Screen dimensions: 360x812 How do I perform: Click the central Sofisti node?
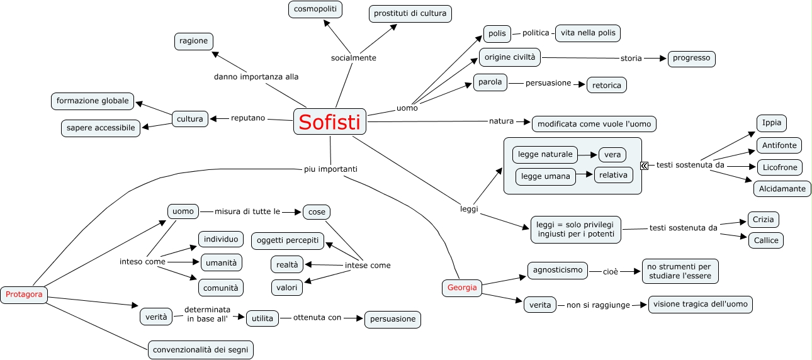click(330, 121)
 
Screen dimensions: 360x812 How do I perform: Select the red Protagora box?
click(24, 294)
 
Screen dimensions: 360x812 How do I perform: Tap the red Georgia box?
click(462, 288)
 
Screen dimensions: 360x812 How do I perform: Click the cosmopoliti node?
click(315, 9)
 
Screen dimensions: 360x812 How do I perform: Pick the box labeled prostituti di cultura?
click(410, 13)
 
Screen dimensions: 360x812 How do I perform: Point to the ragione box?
click(193, 42)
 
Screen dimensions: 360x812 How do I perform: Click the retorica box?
click(606, 85)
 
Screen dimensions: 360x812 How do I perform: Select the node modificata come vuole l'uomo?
click(594, 124)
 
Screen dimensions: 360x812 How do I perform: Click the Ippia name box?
click(772, 123)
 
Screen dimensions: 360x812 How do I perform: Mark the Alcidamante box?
click(782, 188)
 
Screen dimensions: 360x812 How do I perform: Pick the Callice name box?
click(765, 240)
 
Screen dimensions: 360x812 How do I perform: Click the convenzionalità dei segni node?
click(201, 349)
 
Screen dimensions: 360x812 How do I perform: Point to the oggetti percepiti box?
click(288, 240)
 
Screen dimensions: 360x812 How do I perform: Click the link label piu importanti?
click(322, 169)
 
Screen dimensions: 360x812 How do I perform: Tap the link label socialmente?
click(353, 58)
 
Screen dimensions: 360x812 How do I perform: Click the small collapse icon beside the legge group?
click(644, 166)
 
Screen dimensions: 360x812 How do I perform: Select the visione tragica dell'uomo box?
click(700, 305)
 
